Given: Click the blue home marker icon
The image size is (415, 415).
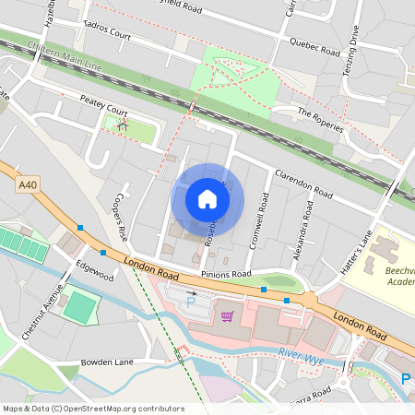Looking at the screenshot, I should tap(207, 198).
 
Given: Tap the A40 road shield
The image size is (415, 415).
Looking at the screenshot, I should tap(29, 185).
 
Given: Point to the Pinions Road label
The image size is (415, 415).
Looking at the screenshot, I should tap(226, 274).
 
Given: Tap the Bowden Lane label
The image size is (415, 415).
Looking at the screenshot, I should tap(108, 362).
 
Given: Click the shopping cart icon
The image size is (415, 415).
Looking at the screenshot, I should tap(227, 316).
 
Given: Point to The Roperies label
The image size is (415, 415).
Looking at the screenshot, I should tap(320, 117).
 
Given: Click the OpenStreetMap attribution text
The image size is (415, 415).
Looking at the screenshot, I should tap(93, 409).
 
